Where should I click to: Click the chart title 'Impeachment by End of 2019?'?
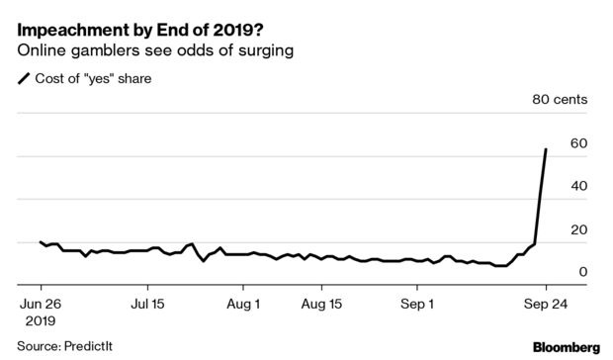[x=140, y=30]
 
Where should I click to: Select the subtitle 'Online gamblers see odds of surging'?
[x=155, y=50]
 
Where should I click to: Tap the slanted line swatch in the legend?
[x=24, y=78]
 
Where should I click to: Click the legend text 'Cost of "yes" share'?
[x=93, y=78]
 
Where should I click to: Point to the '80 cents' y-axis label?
[x=560, y=99]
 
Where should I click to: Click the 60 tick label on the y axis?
[x=578, y=143]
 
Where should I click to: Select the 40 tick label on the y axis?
[x=578, y=186]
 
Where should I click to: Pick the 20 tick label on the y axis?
[x=578, y=229]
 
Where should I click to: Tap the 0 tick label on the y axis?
[x=583, y=272]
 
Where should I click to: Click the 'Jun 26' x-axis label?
[x=41, y=304]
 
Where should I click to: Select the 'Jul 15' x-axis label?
[x=147, y=304]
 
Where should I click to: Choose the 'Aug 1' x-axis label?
[x=243, y=304]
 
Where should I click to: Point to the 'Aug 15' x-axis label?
[x=321, y=304]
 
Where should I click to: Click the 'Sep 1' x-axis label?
[x=417, y=304]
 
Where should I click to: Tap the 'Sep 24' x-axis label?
[x=546, y=304]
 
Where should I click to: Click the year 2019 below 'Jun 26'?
[x=41, y=321]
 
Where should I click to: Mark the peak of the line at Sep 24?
[x=546, y=149]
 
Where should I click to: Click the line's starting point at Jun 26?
[x=41, y=242]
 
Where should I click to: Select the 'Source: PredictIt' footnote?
[x=64, y=346]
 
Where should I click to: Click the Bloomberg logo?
[x=567, y=347]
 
